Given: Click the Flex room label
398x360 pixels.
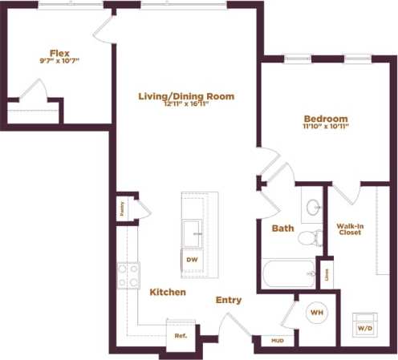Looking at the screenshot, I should [x=59, y=53].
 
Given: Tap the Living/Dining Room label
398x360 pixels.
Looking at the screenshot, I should [x=186, y=96].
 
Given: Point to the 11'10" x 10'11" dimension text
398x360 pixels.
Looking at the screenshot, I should [x=325, y=126].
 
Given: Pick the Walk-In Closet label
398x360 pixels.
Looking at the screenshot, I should [x=350, y=232].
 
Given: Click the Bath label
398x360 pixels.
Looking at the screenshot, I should [x=283, y=229].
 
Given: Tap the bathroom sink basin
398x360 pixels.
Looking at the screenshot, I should [x=311, y=208].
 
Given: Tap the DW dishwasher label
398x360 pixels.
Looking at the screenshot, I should [x=192, y=261].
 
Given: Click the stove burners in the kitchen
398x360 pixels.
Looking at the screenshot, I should [x=128, y=275].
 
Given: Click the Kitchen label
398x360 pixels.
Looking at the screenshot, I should [x=168, y=293].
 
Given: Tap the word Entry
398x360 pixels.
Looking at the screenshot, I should [x=229, y=300].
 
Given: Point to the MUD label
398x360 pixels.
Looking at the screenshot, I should [x=278, y=340].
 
